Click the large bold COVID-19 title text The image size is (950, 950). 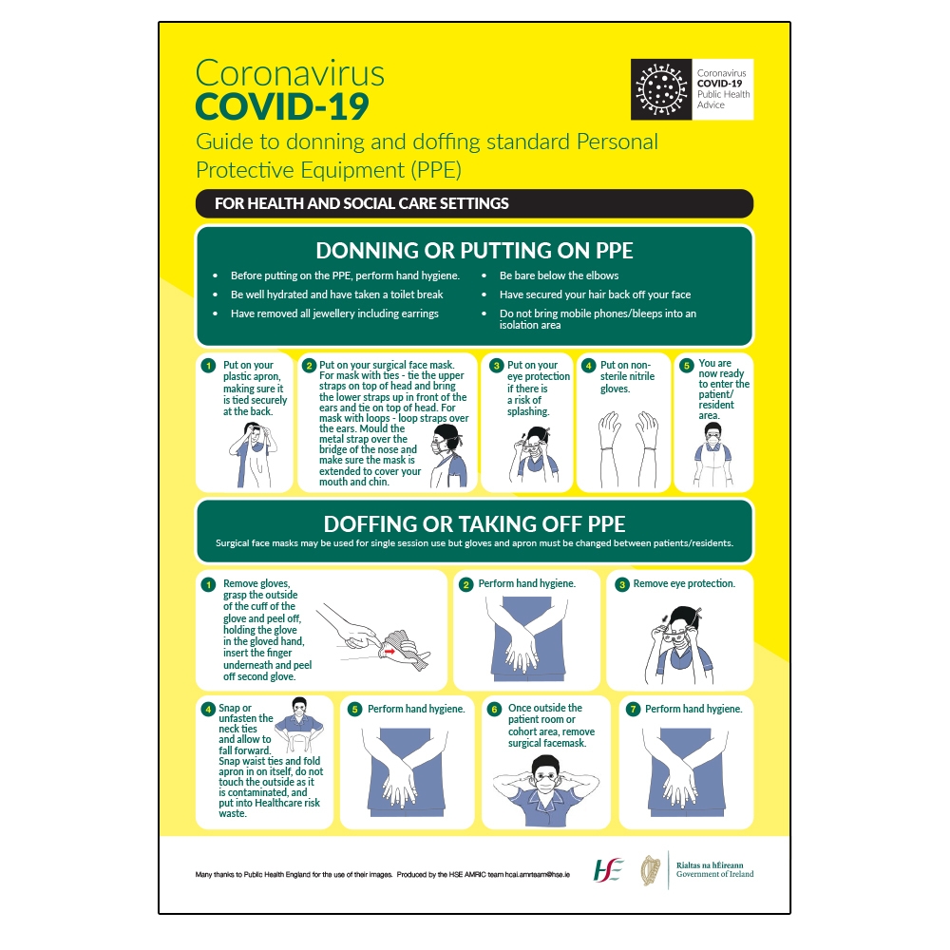(281, 106)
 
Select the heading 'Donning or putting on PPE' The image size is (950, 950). (474, 251)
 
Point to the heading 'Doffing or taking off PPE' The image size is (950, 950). (474, 523)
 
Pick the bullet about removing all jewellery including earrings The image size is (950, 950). (334, 313)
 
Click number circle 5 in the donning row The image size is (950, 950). (686, 365)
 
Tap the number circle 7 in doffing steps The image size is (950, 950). (632, 709)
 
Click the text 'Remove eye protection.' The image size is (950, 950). (684, 584)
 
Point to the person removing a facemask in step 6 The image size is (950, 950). (545, 785)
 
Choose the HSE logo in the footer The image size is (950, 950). (608, 868)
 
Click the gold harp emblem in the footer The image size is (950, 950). (651, 869)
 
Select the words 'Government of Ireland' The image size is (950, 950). (714, 874)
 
